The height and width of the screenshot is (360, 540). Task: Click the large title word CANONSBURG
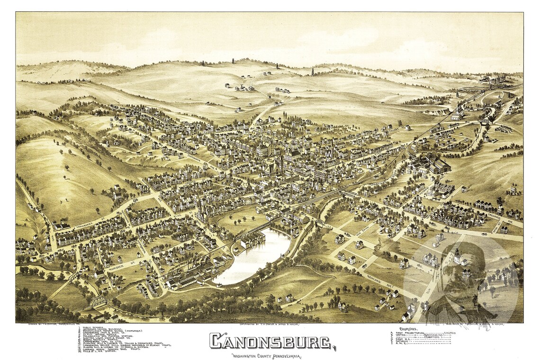click(270, 342)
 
